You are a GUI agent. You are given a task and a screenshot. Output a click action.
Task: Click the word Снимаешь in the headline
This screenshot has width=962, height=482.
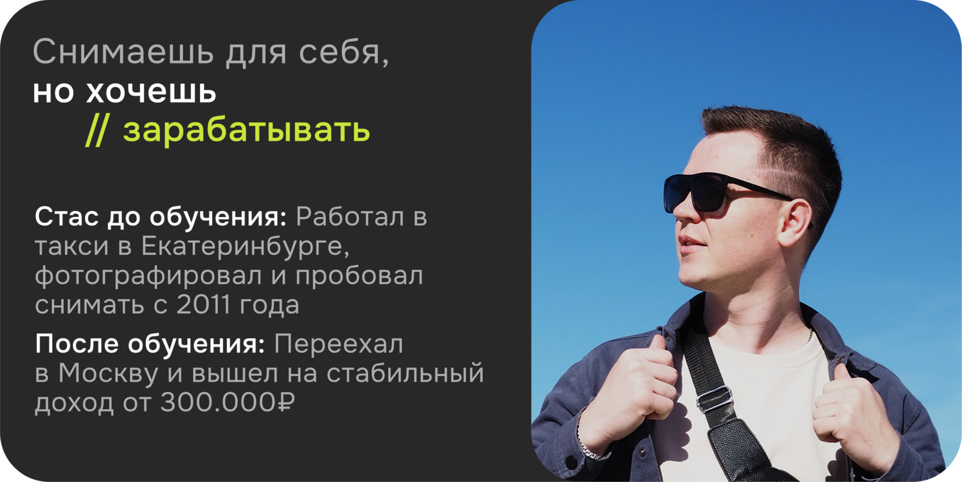click(x=123, y=52)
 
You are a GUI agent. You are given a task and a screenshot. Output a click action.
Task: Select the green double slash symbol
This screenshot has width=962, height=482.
click(x=97, y=131)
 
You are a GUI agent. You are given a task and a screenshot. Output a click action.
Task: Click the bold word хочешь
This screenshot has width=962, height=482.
click(x=151, y=92)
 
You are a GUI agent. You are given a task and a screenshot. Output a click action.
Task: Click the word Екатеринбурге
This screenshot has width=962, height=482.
click(x=245, y=247)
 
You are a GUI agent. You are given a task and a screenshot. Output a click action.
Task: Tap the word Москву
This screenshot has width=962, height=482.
click(x=108, y=373)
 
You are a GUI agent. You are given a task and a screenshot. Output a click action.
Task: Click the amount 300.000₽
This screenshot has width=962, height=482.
click(x=227, y=402)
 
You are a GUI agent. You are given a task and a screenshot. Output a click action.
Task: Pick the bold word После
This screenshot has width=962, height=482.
click(x=77, y=344)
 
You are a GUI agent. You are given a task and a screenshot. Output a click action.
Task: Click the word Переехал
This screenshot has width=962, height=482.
click(x=338, y=344)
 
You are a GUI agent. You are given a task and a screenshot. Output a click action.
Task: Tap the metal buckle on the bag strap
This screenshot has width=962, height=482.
click(x=714, y=399)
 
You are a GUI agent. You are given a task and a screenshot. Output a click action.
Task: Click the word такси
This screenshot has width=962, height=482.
click(x=72, y=247)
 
